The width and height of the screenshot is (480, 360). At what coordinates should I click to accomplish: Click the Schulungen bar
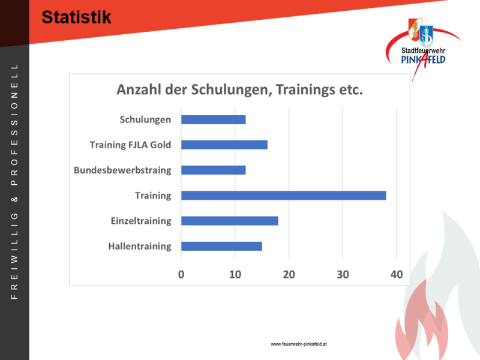(x=214, y=119)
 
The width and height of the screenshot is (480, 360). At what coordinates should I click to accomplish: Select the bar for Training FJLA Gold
(x=224, y=145)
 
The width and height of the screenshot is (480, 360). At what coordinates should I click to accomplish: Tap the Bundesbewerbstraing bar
(x=214, y=170)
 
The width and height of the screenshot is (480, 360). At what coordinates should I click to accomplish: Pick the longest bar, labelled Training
(x=283, y=196)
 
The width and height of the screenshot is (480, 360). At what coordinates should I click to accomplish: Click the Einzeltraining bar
(x=230, y=221)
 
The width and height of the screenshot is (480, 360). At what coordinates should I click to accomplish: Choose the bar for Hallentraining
(x=221, y=246)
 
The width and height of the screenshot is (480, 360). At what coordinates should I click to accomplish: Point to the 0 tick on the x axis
(x=181, y=275)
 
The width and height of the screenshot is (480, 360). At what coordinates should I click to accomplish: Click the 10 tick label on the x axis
(x=235, y=275)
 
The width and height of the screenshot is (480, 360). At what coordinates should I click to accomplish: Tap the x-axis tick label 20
(x=289, y=275)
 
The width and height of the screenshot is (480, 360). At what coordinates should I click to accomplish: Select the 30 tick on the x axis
(x=343, y=275)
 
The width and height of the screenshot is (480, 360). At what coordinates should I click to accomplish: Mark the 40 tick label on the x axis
(x=397, y=275)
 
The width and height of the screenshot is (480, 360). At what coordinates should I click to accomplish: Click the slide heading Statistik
(x=76, y=17)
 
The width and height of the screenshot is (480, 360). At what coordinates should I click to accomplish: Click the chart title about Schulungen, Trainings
(x=239, y=90)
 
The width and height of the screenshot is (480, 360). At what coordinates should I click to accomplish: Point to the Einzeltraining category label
(x=141, y=221)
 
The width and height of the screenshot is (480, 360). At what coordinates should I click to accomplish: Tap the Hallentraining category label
(x=140, y=247)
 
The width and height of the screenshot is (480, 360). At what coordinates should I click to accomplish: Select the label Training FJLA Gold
(x=130, y=145)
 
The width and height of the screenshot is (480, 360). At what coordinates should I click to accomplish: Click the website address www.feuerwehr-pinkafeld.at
(x=299, y=344)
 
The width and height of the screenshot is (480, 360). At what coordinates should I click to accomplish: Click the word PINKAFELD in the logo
(x=424, y=59)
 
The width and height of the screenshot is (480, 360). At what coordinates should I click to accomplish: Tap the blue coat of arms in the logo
(x=426, y=36)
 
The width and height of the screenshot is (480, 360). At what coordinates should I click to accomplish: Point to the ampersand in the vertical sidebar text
(x=14, y=200)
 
